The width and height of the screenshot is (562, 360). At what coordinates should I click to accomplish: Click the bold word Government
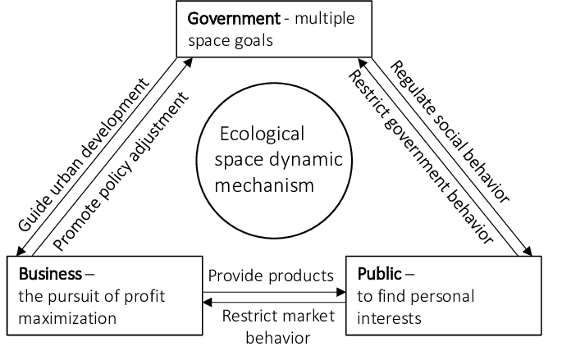[227, 18]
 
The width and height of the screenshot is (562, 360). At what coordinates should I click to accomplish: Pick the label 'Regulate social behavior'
[449, 131]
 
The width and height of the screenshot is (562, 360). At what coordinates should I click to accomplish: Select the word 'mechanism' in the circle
[264, 185]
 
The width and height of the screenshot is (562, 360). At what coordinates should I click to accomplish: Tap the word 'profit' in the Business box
[155, 294]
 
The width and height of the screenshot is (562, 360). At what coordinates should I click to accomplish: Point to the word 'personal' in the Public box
[448, 294]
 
